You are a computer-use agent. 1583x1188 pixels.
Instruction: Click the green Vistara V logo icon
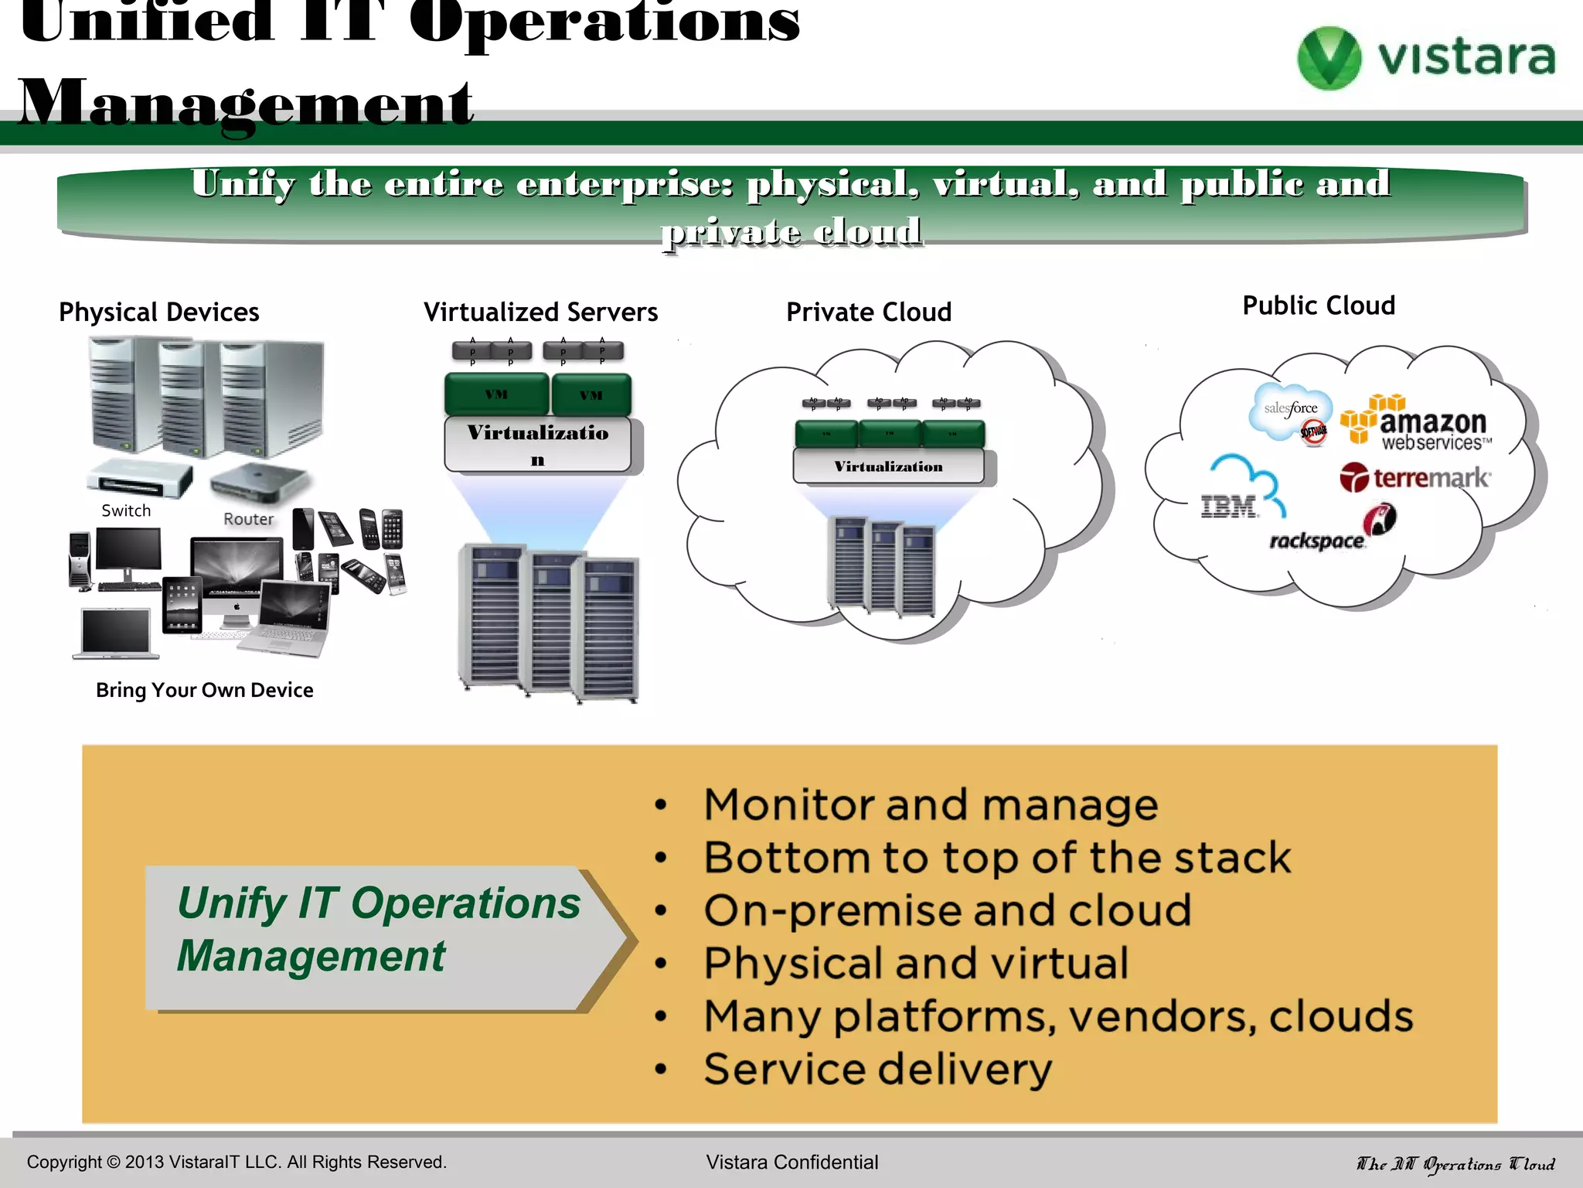point(1328,58)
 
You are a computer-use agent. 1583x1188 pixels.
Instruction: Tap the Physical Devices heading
point(159,312)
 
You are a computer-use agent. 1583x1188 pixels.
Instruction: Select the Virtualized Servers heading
point(540,312)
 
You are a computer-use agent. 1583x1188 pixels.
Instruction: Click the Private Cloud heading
point(868,312)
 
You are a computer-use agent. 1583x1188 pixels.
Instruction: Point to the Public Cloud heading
point(1318,306)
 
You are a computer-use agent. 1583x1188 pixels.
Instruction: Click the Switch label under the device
point(126,510)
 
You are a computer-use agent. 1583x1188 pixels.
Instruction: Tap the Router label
point(248,519)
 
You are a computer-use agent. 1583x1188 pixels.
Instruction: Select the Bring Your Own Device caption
point(204,690)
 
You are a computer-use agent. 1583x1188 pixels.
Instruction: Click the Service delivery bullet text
point(877,1069)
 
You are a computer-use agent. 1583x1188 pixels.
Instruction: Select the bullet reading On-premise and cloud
point(947,910)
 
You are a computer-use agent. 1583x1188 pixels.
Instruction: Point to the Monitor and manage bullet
point(931,804)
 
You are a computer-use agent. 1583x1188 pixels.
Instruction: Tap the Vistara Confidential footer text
point(791,1162)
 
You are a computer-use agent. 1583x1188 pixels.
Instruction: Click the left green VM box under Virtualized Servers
point(496,394)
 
